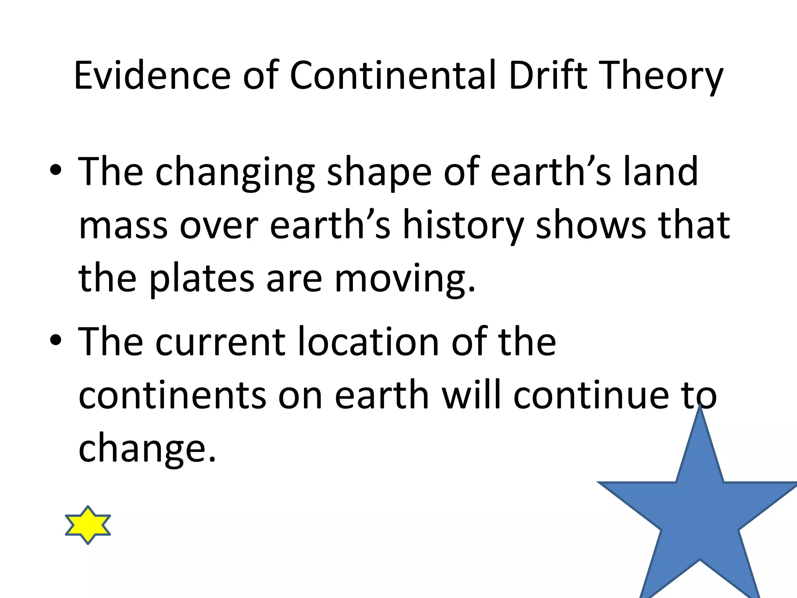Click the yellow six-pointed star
88,525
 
